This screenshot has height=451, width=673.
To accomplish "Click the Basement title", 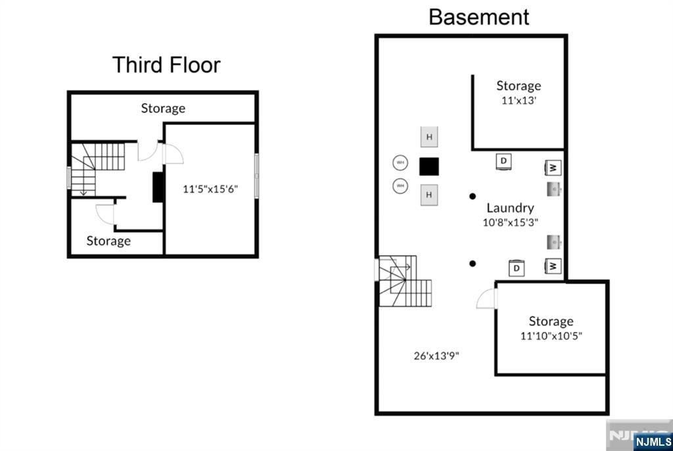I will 478,16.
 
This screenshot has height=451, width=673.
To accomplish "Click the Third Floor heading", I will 166,65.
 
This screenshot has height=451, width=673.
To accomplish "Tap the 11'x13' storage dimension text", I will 519,101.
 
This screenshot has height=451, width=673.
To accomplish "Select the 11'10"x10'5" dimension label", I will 551,335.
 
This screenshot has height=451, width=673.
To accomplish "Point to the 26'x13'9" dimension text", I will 436,356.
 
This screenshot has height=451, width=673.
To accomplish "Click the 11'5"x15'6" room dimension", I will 210,189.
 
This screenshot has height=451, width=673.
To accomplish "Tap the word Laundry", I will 510,208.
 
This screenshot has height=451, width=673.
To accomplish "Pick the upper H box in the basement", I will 429,137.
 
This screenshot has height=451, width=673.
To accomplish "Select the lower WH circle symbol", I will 400,186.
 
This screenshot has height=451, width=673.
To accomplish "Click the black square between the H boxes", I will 429,166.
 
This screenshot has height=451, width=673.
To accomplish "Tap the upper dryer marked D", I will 503,161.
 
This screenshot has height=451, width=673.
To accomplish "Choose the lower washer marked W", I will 553,266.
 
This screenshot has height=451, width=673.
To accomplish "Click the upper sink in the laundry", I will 553,189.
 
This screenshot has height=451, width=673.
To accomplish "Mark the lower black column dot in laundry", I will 473,264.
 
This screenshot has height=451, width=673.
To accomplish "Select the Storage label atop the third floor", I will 163,108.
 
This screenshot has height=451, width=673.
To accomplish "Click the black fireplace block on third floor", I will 157,187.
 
